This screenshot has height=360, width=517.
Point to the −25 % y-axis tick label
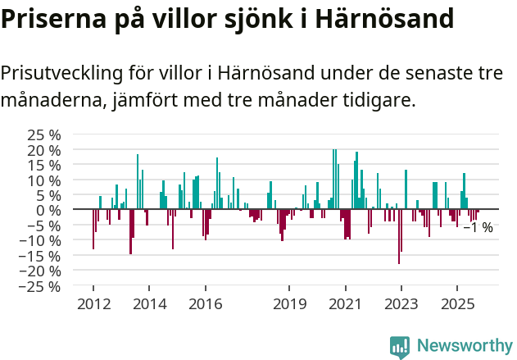(40, 286)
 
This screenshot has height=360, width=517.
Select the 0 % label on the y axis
(48, 210)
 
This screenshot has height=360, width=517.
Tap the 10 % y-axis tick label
(44, 180)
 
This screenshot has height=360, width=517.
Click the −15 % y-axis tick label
(40, 256)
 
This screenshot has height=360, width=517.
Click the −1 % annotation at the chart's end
(478, 227)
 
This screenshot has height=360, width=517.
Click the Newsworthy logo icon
(400, 346)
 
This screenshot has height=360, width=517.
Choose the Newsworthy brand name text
(465, 346)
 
